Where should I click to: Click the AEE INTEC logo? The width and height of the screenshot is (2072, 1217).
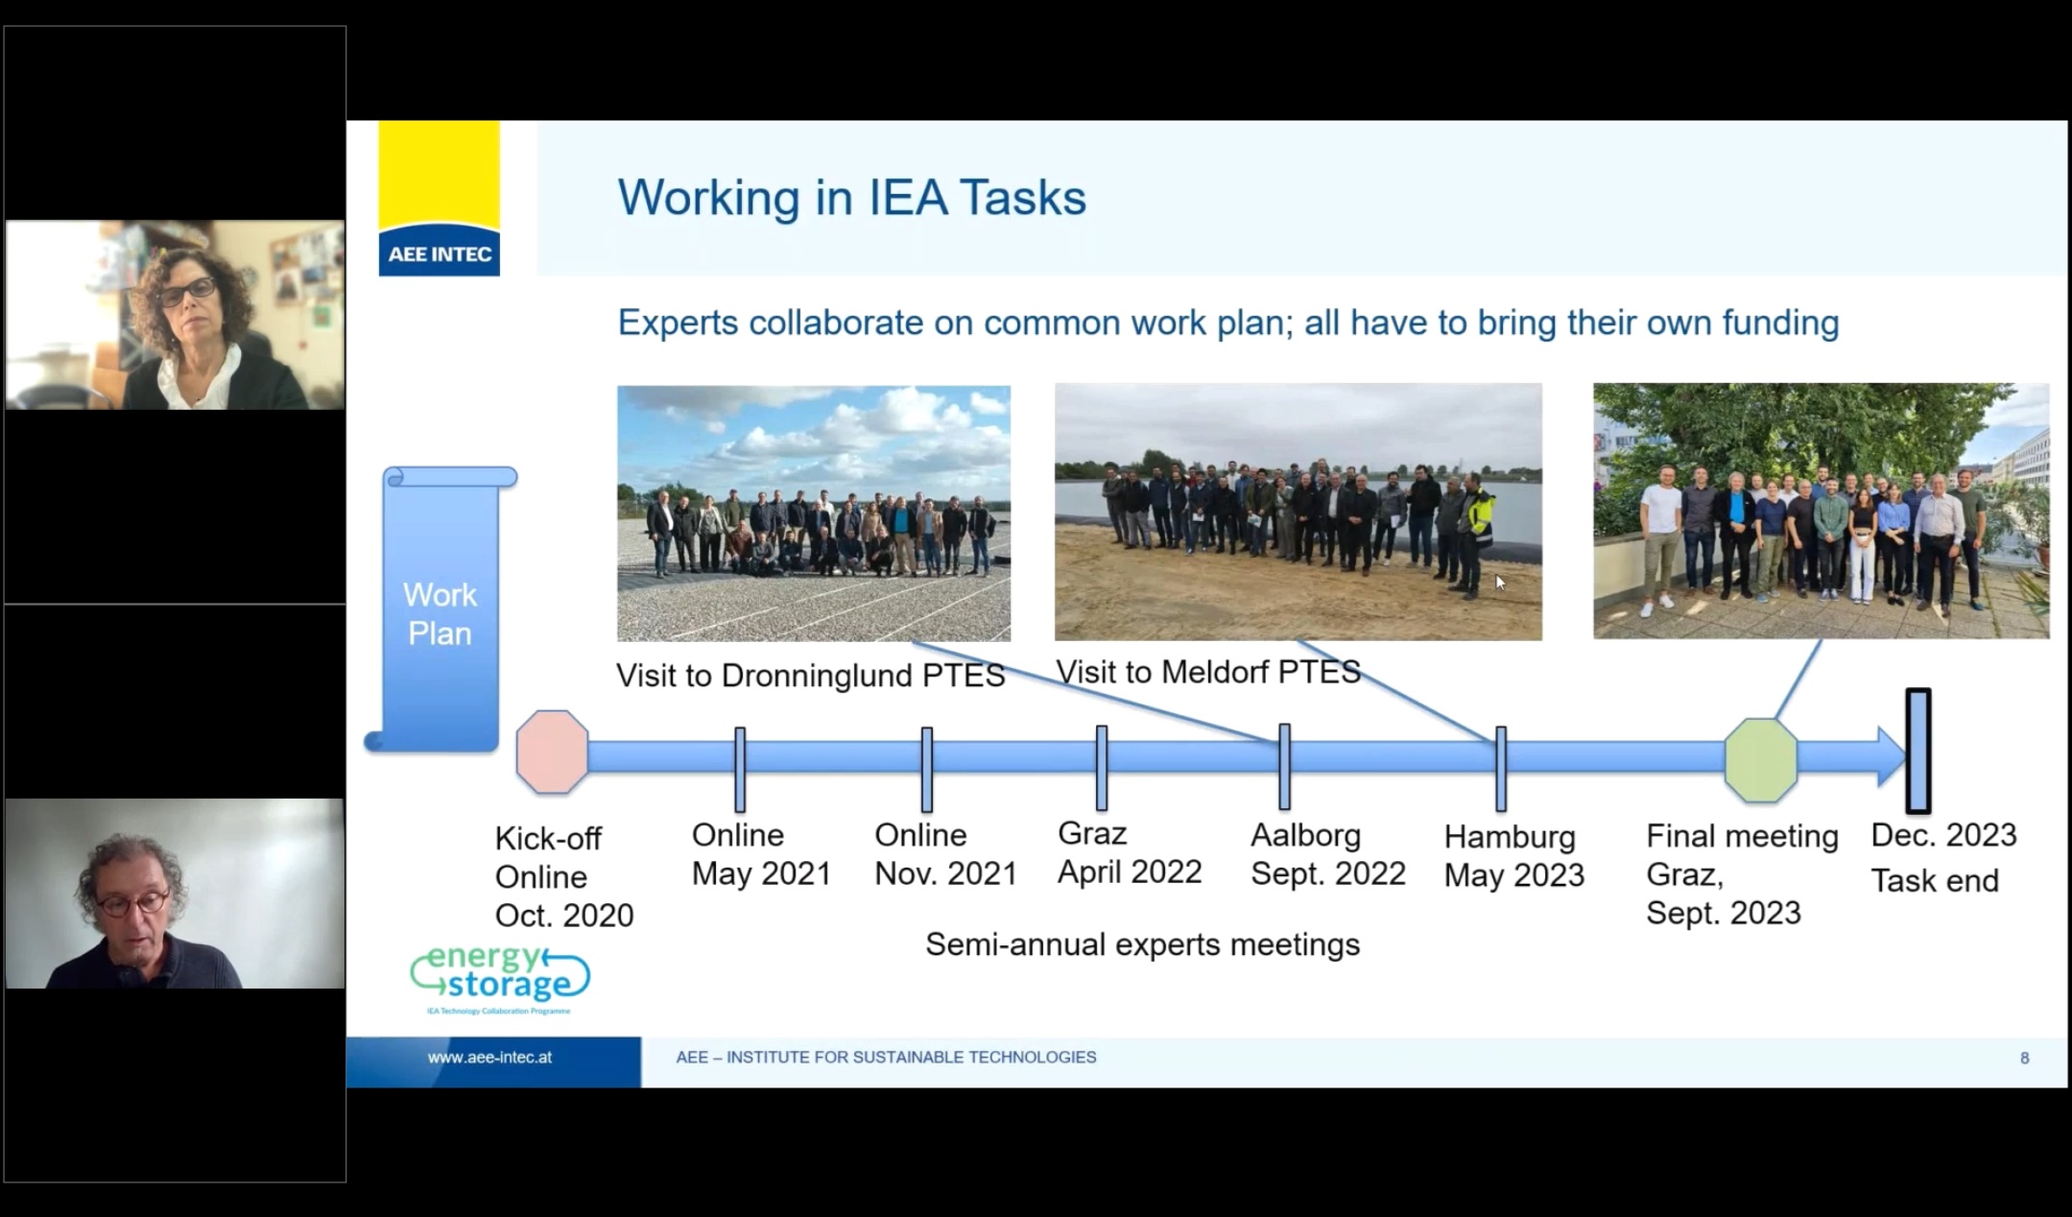439,199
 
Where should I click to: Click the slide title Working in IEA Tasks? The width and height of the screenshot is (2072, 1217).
851,198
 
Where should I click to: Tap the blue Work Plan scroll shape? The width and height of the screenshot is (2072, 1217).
441,608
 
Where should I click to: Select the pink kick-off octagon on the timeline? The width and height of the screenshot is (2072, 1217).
552,752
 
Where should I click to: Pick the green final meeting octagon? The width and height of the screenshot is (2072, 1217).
1760,760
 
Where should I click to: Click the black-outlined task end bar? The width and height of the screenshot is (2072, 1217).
1917,751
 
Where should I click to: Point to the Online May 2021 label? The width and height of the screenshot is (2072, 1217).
761,854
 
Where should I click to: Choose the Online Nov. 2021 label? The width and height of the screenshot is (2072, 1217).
945,854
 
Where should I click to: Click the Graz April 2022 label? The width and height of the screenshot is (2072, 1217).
1130,852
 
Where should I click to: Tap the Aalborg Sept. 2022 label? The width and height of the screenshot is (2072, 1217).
1328,854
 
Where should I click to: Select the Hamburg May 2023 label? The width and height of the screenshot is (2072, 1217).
1514,856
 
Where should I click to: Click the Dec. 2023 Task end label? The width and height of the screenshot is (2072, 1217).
1943,857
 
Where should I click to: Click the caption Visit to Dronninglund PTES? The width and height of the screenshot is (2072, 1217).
810,676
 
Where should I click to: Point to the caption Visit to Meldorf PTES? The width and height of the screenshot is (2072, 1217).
1208,672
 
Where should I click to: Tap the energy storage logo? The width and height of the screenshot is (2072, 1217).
500,980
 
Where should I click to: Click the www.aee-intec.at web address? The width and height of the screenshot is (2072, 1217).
489,1058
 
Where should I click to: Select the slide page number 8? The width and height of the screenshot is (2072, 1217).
2025,1059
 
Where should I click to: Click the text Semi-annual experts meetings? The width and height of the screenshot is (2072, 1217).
1142,944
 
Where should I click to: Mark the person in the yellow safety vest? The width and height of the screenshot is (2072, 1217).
1478,533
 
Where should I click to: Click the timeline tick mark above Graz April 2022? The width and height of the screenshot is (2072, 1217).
1102,768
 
